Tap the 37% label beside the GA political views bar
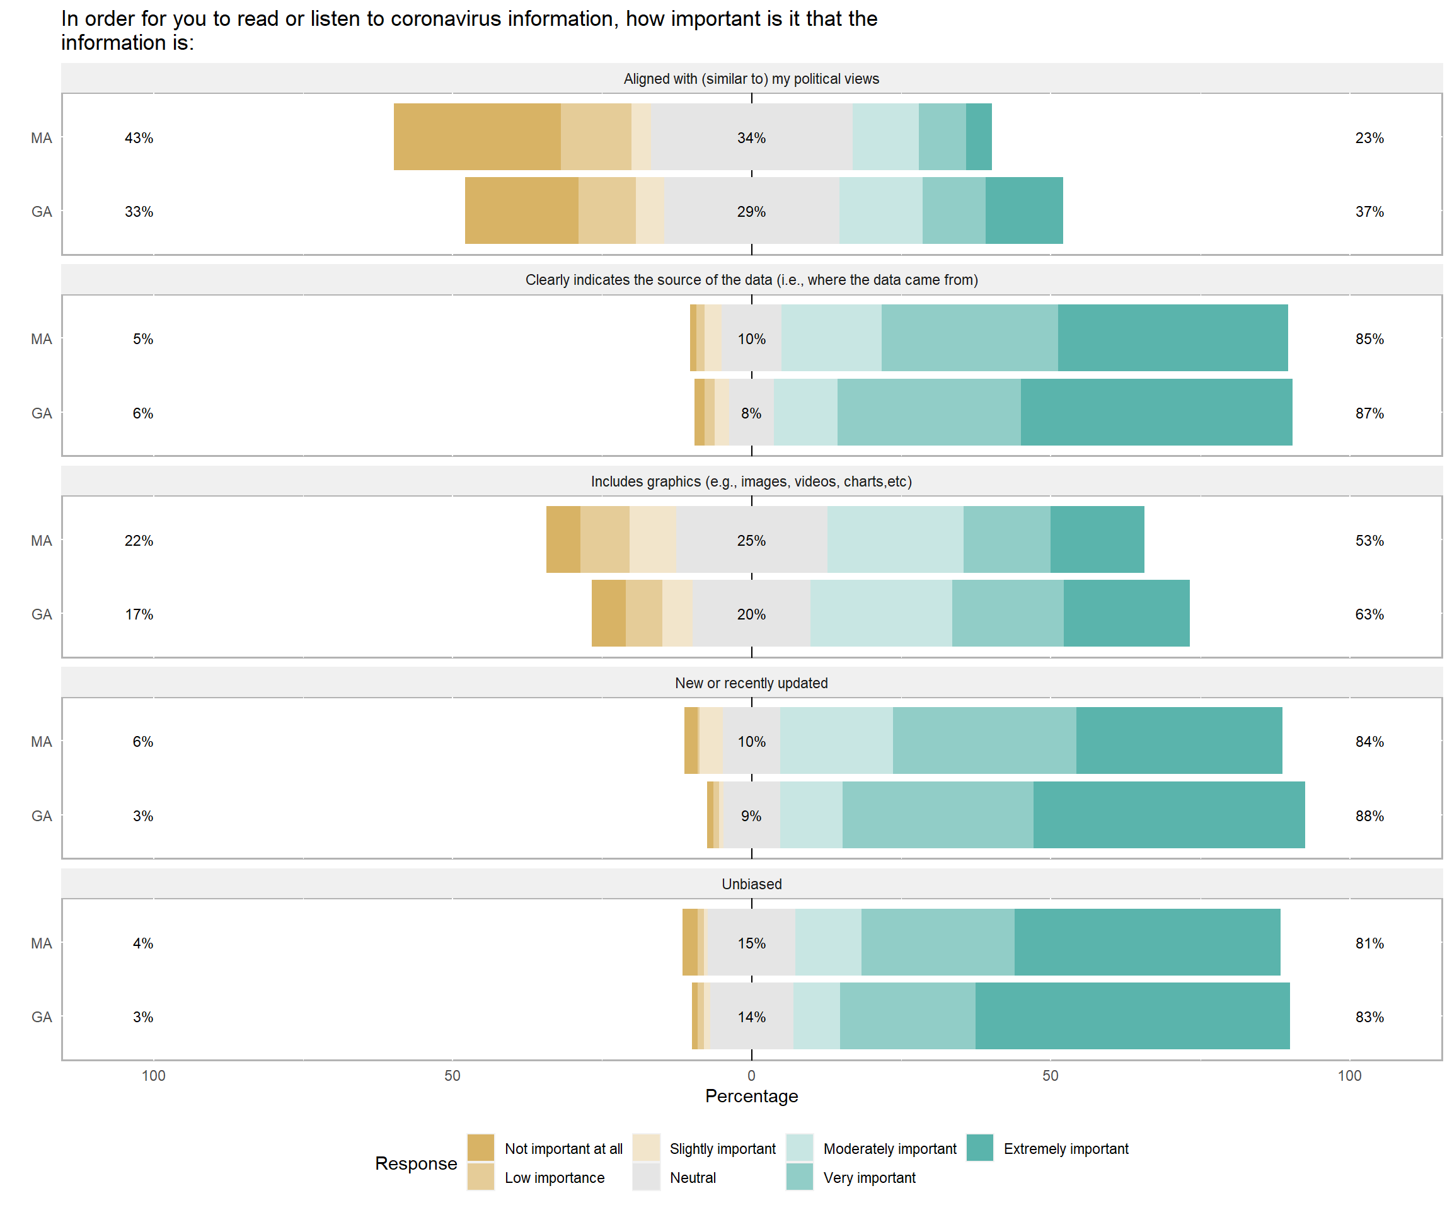1369,212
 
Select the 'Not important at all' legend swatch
481,1147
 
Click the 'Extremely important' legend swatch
980,1147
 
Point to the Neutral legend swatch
646,1177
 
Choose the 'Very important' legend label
869,1177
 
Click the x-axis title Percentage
752,1096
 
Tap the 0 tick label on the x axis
752,1076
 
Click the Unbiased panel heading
752,884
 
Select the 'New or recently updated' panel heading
752,683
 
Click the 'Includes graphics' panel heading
752,481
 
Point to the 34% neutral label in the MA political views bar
752,137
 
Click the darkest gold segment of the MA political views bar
477,136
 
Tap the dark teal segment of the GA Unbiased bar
1132,1016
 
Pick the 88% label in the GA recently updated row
1369,816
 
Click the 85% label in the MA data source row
1369,339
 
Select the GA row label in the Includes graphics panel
42,614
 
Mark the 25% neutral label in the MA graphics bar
752,541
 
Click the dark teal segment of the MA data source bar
1173,337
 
